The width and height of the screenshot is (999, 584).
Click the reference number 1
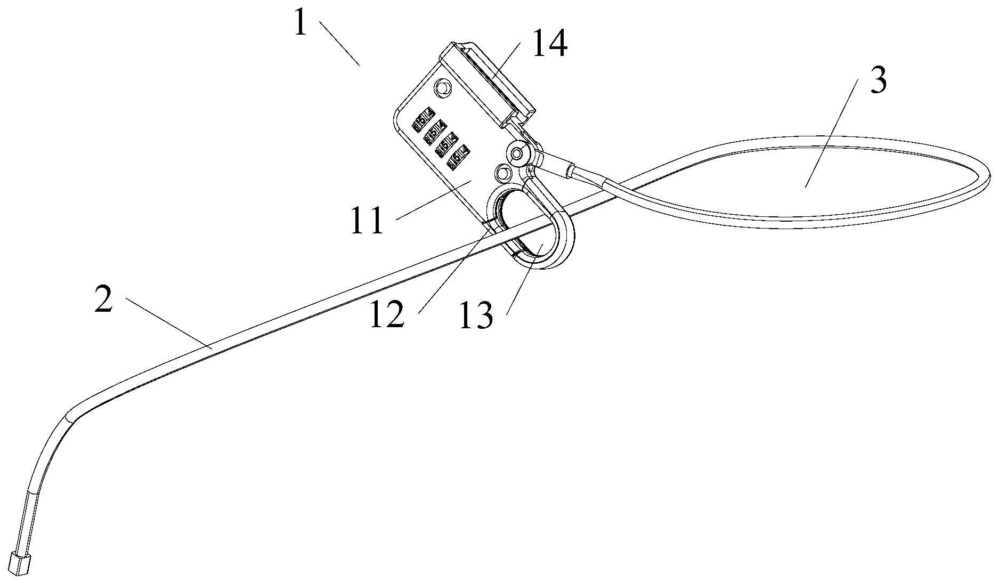tap(301, 25)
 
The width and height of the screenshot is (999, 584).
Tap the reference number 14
tap(549, 45)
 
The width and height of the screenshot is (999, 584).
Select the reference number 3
tap(878, 82)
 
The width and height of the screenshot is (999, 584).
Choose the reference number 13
tap(477, 317)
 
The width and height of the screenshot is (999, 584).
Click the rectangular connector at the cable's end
tap(20, 564)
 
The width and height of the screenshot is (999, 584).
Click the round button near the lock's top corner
tap(442, 87)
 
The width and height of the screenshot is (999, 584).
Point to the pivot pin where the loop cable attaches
tap(517, 154)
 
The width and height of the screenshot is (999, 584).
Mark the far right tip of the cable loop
tap(988, 175)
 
